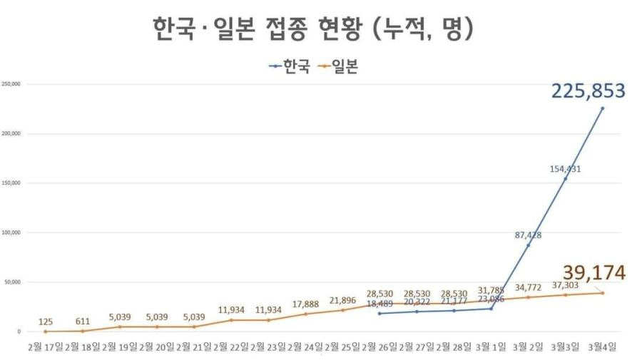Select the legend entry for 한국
290,68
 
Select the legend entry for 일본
338,68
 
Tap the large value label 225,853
588,91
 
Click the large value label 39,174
594,273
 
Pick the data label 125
46,321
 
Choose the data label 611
83,321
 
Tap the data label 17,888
305,304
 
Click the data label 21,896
342,300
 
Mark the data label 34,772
528,287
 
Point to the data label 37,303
566,285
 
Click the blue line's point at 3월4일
603,108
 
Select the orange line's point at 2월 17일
46,331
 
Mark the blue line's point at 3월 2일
529,245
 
